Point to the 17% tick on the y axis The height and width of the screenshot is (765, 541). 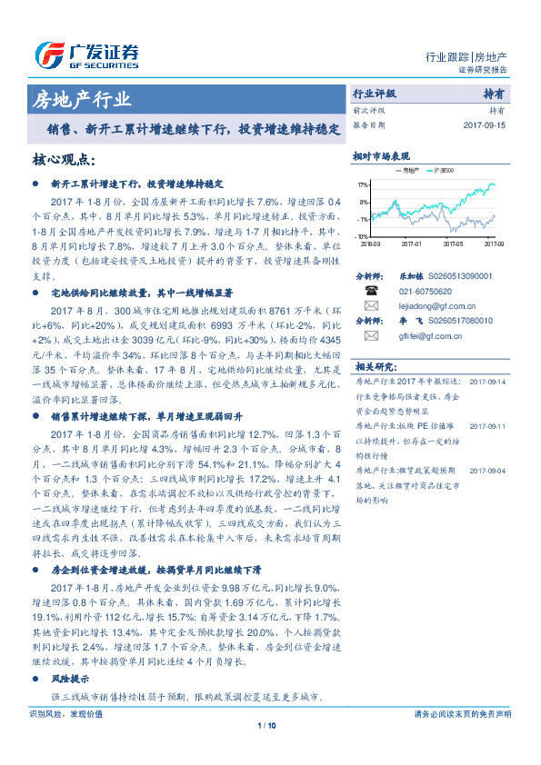pos(363,184)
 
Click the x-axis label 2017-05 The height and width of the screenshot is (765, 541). pos(453,243)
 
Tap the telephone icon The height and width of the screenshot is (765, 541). pos(371,291)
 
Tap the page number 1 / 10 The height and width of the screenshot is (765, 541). pos(266,725)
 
